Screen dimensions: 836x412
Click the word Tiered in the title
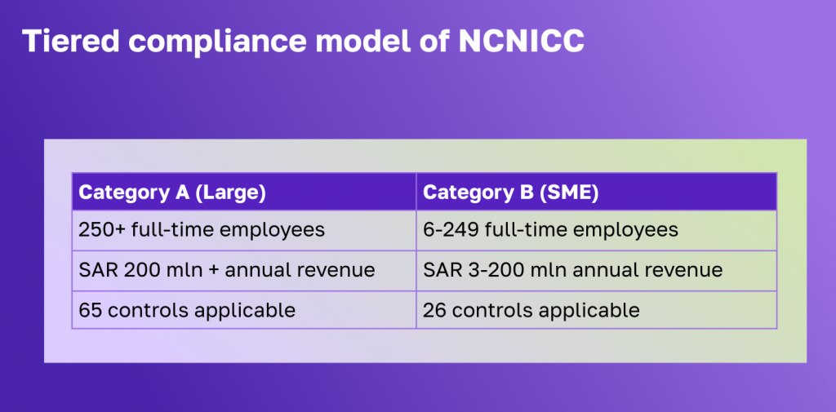tap(70, 42)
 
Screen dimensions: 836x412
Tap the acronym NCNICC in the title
tap(521, 42)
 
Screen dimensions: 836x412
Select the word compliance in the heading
tap(217, 42)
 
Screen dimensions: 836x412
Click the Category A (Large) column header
tap(244, 192)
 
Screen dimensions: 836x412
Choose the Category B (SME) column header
tap(597, 192)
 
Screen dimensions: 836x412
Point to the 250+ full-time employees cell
tap(244, 230)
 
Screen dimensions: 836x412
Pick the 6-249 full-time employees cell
tap(597, 230)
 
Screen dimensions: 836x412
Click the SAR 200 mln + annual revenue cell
tap(244, 270)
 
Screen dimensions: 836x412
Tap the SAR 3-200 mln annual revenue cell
tap(597, 270)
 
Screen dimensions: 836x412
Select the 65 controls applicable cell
tap(244, 310)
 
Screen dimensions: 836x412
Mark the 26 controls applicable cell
tap(597, 310)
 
